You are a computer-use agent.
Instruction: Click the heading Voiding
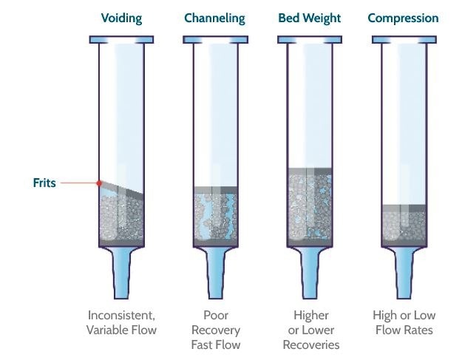[121, 18]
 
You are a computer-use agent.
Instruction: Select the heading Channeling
[215, 18]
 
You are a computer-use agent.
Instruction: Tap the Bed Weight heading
[310, 18]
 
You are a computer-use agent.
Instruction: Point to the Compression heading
[403, 18]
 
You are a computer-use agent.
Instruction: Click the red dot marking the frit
[98, 183]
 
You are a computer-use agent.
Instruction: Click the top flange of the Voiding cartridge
[122, 38]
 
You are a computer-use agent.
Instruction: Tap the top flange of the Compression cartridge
[404, 38]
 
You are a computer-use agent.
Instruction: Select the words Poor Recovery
[215, 323]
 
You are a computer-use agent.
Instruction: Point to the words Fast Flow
[215, 344]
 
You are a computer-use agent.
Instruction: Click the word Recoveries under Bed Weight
[310, 344]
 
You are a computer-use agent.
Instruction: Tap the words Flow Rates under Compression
[404, 330]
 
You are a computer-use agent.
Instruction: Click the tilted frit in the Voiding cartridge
[122, 190]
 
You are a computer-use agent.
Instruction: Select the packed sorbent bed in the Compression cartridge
[404, 225]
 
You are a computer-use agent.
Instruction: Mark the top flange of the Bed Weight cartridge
[310, 38]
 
